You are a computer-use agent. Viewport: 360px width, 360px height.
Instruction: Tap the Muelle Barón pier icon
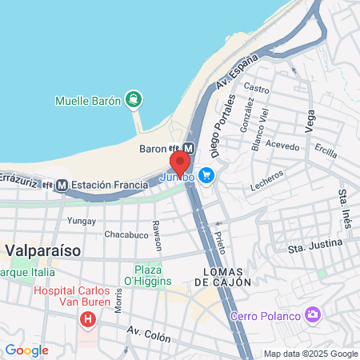click(x=132, y=101)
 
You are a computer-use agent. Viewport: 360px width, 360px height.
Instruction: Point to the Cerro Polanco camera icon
click(x=313, y=314)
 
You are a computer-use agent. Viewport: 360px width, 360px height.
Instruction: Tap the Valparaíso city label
click(x=43, y=250)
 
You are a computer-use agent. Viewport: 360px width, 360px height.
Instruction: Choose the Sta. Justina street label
click(x=315, y=246)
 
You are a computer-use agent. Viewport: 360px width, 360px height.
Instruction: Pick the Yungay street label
click(x=81, y=220)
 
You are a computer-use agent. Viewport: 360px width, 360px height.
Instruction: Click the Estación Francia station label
click(x=110, y=185)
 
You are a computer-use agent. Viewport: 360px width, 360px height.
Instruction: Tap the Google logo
click(x=26, y=350)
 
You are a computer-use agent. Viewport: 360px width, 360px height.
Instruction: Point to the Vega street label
click(x=310, y=122)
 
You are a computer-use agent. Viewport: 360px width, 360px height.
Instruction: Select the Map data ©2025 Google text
click(x=311, y=354)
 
